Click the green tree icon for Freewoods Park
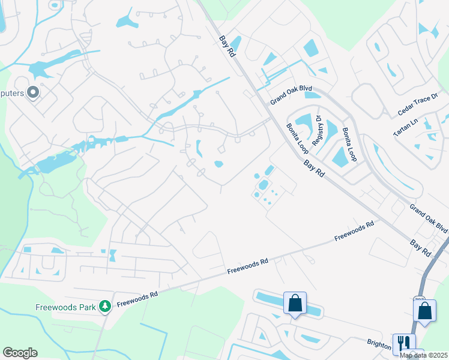(x=105, y=307)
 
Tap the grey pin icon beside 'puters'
(x=33, y=92)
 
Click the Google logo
(x=20, y=352)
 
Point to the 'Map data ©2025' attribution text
(x=423, y=355)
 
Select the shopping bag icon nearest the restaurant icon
(x=424, y=311)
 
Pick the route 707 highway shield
(x=420, y=299)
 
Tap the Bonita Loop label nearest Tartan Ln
(x=349, y=143)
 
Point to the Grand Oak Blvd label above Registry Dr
(x=291, y=96)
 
